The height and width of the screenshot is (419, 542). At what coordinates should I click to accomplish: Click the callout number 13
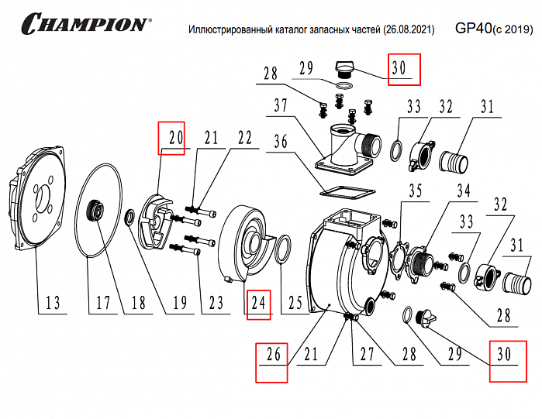(x=53, y=304)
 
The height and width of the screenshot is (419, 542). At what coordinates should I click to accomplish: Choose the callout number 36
(x=280, y=143)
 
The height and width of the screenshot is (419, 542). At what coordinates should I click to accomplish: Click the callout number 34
(x=463, y=191)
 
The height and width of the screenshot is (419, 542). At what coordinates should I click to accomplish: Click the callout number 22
(x=245, y=138)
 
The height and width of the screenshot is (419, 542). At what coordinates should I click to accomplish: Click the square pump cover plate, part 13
(x=39, y=201)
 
